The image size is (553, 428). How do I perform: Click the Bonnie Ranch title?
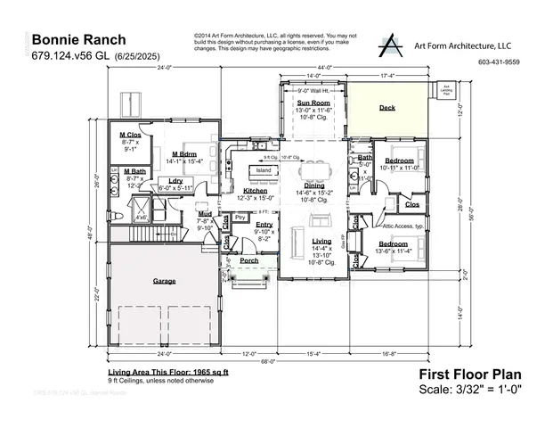tap(78, 40)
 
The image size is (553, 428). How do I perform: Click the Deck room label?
tap(386, 108)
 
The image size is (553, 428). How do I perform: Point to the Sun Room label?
tap(314, 103)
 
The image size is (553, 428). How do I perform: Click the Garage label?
tap(164, 281)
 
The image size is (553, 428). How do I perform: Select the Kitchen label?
tap(256, 191)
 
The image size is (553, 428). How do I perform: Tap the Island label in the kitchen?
tap(264, 169)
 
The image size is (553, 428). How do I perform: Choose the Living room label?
tap(321, 242)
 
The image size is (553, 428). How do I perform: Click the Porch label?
tap(250, 261)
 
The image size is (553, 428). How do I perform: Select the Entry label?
tap(264, 225)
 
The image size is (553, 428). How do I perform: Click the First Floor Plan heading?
tap(469, 374)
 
